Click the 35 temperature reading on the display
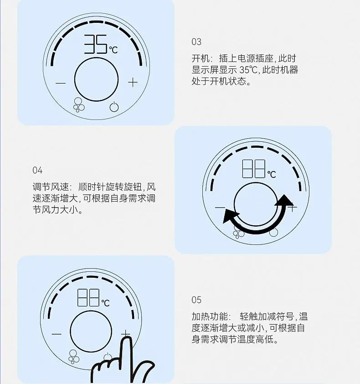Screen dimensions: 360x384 point(96,44)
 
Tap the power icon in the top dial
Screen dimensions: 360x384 point(114,107)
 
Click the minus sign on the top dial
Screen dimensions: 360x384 point(61,83)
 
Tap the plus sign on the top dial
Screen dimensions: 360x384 point(133,82)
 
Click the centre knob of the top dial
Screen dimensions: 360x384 point(97,79)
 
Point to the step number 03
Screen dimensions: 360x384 point(196,42)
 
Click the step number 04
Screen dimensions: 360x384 point(37,170)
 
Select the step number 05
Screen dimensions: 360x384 point(196,300)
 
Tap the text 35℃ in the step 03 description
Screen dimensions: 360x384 point(248,70)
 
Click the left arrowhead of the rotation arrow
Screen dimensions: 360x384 point(230,216)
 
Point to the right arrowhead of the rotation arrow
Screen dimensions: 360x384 point(283,200)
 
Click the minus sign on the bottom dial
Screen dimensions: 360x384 point(57,334)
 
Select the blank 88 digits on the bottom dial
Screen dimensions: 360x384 point(88,297)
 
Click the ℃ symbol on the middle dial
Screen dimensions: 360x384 point(272,174)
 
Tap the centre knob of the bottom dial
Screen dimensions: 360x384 point(91,332)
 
